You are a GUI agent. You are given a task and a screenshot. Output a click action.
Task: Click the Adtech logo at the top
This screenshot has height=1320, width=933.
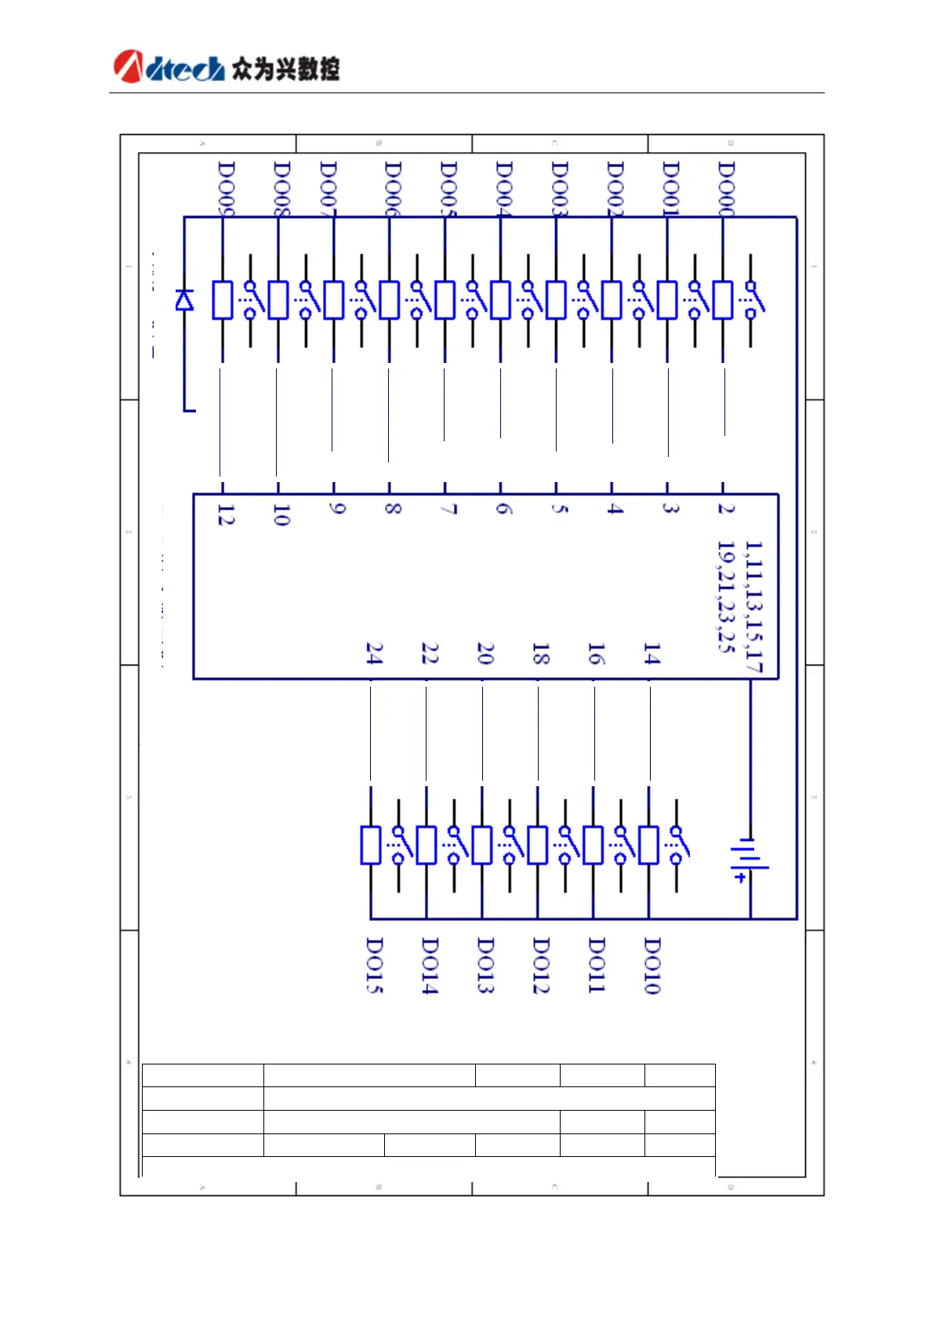[x=227, y=67]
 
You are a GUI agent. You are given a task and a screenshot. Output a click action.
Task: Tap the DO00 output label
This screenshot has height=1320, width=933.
[x=727, y=188]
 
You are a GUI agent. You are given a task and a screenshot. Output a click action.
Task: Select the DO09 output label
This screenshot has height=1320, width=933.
[x=226, y=188]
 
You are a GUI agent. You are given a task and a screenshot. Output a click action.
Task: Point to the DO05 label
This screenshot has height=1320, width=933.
[x=448, y=188]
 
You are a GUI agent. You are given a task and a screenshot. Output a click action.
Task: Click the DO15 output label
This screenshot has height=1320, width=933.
[x=375, y=966]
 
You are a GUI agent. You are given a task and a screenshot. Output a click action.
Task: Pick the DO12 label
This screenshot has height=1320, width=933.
[x=541, y=966]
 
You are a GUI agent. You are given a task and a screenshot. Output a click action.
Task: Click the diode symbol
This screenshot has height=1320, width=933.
[x=184, y=300]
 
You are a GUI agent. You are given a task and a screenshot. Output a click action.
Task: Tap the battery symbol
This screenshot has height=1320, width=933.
[x=750, y=858]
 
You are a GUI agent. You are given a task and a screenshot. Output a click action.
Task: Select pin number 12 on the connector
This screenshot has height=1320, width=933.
[x=226, y=515]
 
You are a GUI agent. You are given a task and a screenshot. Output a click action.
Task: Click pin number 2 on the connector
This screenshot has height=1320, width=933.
[x=726, y=509]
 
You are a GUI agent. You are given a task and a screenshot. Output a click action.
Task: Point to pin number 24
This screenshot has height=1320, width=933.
[x=375, y=653]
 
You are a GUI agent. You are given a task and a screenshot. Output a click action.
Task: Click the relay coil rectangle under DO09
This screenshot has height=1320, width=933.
[x=223, y=300]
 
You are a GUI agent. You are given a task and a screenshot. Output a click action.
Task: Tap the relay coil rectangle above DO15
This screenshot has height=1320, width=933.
[x=371, y=845]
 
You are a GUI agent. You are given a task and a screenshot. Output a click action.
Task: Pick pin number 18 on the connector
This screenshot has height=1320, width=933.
[x=541, y=653]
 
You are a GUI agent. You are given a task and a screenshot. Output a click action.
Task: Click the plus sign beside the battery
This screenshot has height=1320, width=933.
[x=739, y=878]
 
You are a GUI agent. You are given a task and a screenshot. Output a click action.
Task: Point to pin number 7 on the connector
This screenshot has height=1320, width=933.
[x=448, y=509]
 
